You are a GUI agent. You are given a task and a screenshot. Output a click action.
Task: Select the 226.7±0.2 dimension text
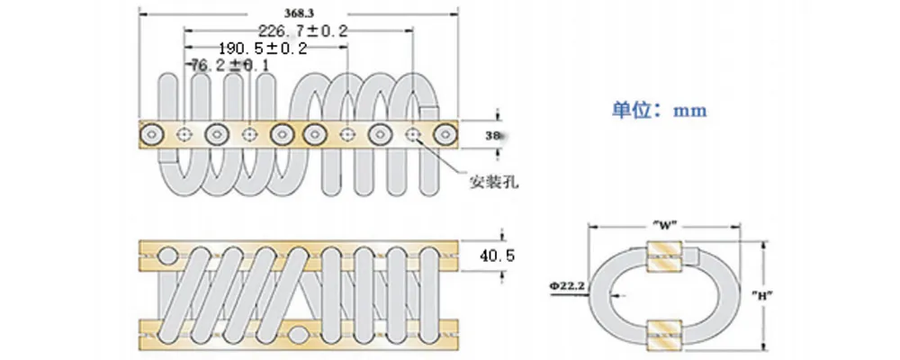coord(301,31)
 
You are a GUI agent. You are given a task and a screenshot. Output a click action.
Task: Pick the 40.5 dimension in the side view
coord(496,256)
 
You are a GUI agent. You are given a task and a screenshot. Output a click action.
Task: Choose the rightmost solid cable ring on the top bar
coord(444,135)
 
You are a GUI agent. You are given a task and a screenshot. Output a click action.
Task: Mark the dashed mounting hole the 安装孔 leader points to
coord(413,135)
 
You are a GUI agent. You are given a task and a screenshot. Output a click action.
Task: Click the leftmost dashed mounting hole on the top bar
coord(184,135)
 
